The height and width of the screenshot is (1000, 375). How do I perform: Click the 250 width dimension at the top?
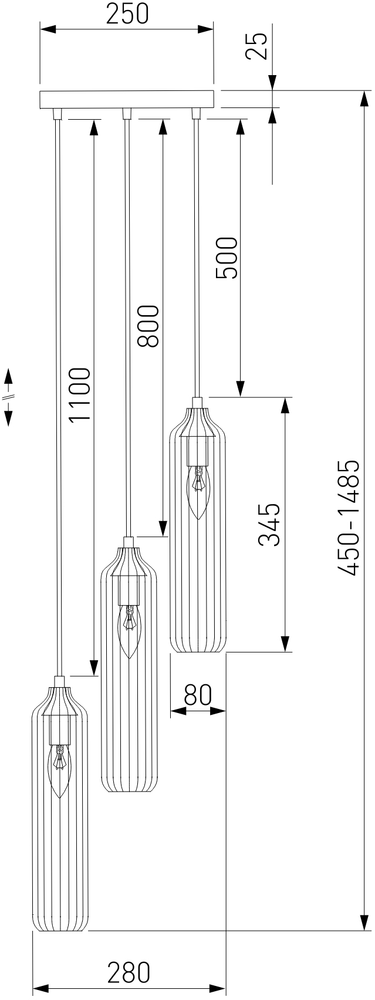pos(127,13)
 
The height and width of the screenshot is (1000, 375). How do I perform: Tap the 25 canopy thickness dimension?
pos(256,46)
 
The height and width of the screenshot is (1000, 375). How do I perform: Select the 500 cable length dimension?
pos(227,258)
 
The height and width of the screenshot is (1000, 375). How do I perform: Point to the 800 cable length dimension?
pos(147,326)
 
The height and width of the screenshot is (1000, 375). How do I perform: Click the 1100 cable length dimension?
pos(79,394)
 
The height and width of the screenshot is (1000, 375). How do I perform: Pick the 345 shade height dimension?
pos(269,524)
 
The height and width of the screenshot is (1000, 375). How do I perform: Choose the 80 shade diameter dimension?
pos(197,695)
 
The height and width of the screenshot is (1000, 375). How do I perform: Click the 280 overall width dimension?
pos(129,972)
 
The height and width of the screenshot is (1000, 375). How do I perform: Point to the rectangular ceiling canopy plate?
pos(127,99)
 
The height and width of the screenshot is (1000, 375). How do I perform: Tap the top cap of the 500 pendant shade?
pos(198,402)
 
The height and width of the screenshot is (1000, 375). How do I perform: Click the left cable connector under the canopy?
pos(57,113)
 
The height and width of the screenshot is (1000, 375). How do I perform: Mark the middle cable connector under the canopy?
pos(126,113)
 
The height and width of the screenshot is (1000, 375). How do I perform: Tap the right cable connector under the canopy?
pos(196,113)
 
